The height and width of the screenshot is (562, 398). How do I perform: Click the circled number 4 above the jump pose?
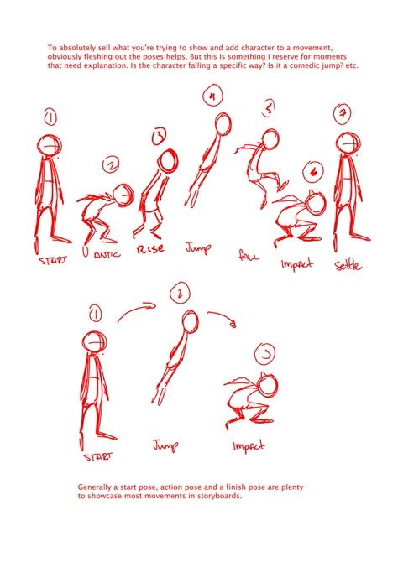click(x=212, y=96)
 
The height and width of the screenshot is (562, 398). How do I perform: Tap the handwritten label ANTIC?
click(x=107, y=255)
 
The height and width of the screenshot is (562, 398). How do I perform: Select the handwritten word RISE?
click(x=151, y=249)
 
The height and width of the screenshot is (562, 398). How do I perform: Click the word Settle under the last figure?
click(x=348, y=266)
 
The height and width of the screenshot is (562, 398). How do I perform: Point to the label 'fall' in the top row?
click(x=249, y=255)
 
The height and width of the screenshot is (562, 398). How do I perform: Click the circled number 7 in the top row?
click(x=343, y=113)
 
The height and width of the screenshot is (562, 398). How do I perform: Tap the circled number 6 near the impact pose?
click(x=313, y=172)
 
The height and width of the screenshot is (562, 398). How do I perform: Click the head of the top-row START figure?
click(x=50, y=145)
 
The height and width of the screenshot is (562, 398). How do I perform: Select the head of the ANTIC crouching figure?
click(x=123, y=195)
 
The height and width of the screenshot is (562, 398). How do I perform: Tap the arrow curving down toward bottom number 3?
click(x=223, y=316)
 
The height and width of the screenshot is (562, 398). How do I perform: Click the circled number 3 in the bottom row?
click(x=265, y=354)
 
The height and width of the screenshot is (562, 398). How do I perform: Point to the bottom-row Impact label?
click(x=249, y=446)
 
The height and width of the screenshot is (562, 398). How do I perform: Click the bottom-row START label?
click(x=97, y=456)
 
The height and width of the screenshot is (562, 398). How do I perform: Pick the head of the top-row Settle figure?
click(x=348, y=143)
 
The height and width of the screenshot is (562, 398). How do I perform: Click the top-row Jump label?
click(x=198, y=248)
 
